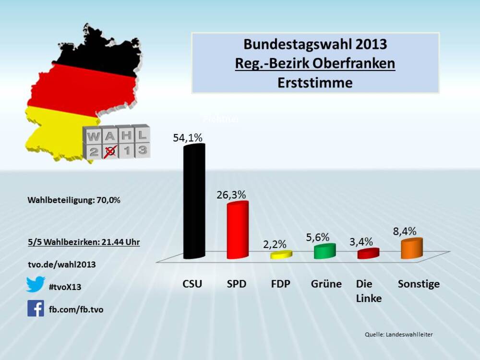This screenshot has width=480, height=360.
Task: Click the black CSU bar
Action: (194, 202)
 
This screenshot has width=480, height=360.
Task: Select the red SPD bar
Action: (238, 230)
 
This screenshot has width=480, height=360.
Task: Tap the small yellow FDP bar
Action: (281, 255)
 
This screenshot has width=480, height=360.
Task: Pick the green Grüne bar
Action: (324, 251)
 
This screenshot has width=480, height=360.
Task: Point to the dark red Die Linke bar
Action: (368, 253)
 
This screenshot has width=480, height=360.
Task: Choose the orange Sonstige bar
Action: (412, 249)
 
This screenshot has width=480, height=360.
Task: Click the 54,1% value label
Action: (188, 137)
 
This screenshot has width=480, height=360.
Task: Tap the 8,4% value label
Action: (405, 232)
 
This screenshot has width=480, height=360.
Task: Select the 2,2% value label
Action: (275, 244)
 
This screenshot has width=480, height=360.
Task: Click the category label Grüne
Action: (326, 284)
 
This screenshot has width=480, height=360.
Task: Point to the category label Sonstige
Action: (419, 284)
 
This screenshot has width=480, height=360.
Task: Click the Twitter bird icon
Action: (36, 284)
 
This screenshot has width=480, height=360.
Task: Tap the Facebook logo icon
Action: (36, 308)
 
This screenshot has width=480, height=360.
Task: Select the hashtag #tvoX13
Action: (65, 287)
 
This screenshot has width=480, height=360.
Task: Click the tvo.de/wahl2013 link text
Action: (61, 264)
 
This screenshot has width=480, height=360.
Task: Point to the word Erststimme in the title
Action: (315, 83)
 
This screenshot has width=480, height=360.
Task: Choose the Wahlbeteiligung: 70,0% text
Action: (73, 200)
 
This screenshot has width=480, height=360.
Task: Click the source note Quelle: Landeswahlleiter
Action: (398, 334)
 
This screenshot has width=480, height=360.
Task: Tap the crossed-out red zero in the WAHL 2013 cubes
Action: (111, 151)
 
